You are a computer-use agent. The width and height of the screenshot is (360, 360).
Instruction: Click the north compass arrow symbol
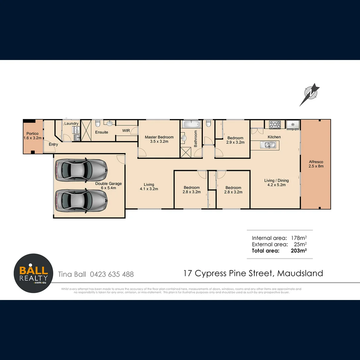310,94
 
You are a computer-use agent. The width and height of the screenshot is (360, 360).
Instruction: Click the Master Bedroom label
159,137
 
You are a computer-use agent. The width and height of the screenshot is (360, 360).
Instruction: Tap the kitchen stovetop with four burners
275,125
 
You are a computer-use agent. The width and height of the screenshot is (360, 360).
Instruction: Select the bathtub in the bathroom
191,125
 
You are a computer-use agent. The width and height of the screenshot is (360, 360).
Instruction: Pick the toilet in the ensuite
98,124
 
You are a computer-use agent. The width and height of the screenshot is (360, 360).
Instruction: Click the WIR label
126,131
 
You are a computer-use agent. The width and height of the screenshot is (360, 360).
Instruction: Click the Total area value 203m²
299,251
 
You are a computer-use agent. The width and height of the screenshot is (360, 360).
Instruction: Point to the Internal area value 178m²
299,238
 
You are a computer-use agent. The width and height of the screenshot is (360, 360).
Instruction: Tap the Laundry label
71,124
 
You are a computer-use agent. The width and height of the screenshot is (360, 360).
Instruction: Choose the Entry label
53,144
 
